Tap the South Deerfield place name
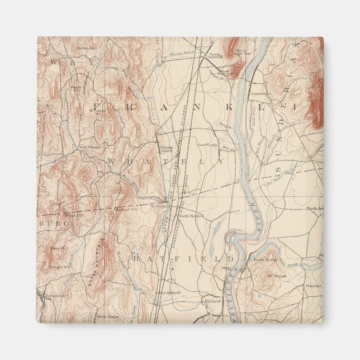224,72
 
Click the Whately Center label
165,148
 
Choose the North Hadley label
265,260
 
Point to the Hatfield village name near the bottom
212,300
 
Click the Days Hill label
58,247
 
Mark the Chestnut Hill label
122,210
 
